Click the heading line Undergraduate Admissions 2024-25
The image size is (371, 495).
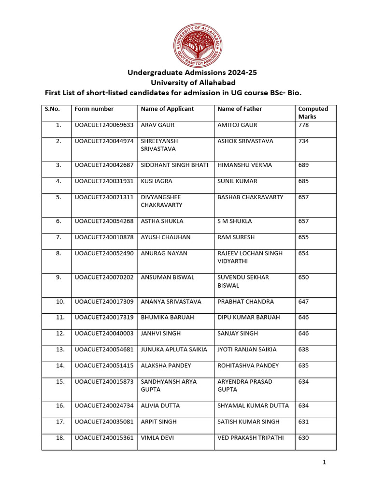(192, 73)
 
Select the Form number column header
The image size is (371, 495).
(94, 109)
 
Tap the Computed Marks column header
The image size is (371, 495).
(313, 113)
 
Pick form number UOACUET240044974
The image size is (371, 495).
(104, 141)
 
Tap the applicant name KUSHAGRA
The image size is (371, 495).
(157, 181)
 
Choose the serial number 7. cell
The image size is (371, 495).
(58, 237)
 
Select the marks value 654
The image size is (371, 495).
(304, 253)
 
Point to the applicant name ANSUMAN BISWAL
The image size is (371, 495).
(168, 277)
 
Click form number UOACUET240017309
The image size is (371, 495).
(104, 302)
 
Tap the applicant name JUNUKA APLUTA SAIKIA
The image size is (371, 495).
(174, 349)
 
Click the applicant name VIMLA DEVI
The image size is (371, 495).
(157, 438)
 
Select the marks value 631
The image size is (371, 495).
(304, 422)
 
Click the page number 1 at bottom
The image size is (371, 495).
(325, 463)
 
